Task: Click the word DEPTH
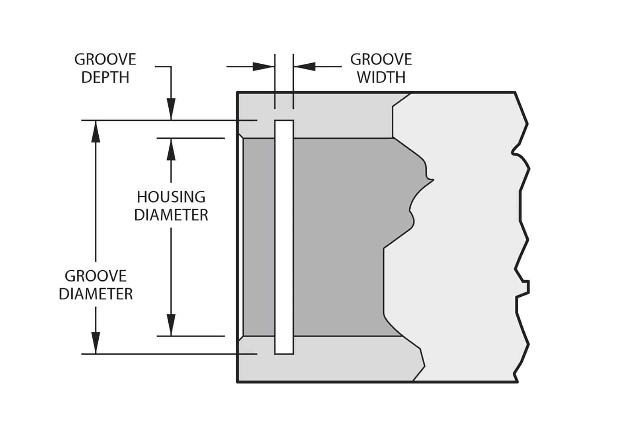[105, 77]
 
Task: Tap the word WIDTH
[381, 77]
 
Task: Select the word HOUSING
[171, 197]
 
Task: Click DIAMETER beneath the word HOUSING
[171, 215]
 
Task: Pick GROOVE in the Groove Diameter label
[96, 276]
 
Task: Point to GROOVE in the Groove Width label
[381, 59]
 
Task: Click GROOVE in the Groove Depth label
[105, 59]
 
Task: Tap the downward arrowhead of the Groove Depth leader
[171, 109]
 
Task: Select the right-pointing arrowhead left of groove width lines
[264, 66]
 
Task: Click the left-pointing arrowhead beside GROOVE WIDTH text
[305, 66]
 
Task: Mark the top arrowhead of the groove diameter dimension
[96, 131]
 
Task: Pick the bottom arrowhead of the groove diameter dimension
[96, 343]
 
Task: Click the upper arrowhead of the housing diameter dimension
[171, 149]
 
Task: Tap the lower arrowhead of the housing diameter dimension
[171, 325]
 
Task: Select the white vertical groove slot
[284, 237]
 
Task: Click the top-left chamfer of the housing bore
[240, 135]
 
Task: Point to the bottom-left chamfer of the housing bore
[240, 339]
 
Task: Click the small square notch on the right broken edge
[526, 287]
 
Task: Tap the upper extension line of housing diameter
[191, 138]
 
